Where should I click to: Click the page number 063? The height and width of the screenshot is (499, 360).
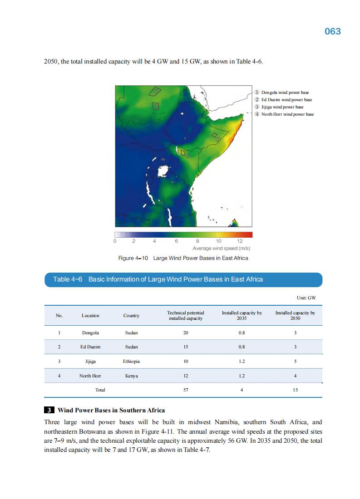pyautogui.click(x=332, y=31)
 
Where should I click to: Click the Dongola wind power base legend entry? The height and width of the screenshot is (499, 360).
pyautogui.click(x=285, y=93)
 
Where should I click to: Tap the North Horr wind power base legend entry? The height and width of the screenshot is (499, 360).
pyautogui.click(x=287, y=114)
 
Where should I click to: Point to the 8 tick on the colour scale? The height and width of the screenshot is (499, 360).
pyautogui.click(x=197, y=241)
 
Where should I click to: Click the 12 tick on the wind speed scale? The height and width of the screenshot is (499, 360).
pyautogui.click(x=240, y=241)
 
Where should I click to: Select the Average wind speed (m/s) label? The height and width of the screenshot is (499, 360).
pyautogui.click(x=222, y=249)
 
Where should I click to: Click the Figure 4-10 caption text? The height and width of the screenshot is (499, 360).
pyautogui.click(x=183, y=258)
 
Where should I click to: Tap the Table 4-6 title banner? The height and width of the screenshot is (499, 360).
pyautogui.click(x=183, y=279)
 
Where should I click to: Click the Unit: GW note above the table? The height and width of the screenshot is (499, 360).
pyautogui.click(x=306, y=298)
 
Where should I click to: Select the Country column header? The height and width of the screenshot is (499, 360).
pyautogui.click(x=131, y=316)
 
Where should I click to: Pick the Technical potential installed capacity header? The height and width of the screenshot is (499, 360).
pyautogui.click(x=185, y=316)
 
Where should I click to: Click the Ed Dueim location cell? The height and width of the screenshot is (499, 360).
pyautogui.click(x=90, y=347)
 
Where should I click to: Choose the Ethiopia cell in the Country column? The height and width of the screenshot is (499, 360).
pyautogui.click(x=131, y=362)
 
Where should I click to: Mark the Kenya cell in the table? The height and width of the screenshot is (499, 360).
pyautogui.click(x=131, y=376)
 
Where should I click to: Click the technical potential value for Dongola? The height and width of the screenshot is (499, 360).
pyautogui.click(x=185, y=333)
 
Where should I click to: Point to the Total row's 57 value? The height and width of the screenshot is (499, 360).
pyautogui.click(x=185, y=390)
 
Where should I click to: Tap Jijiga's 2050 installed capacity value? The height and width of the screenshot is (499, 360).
pyautogui.click(x=296, y=362)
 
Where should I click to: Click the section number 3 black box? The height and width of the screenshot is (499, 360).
pyautogui.click(x=49, y=411)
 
